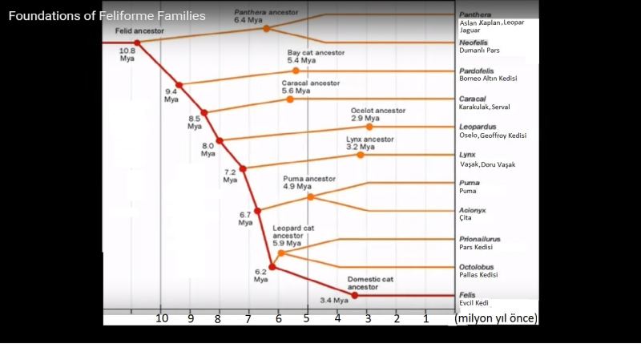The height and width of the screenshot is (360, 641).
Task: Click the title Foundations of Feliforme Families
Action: (107, 16)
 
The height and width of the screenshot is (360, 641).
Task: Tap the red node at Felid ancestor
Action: (137, 42)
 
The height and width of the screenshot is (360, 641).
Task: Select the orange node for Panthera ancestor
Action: (267, 28)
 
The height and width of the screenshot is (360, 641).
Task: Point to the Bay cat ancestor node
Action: (296, 71)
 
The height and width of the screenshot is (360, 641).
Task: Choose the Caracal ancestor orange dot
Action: (291, 99)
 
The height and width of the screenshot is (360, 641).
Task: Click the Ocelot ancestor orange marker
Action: (369, 127)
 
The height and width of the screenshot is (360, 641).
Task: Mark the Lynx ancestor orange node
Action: (361, 155)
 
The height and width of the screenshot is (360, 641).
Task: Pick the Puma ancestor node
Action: (310, 196)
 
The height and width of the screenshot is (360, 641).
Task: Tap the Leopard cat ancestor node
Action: (281, 253)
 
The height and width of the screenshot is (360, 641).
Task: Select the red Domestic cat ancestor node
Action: (354, 295)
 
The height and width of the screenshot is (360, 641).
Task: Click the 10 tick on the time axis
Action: (162, 318)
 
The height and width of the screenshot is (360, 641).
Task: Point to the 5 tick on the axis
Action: (307, 318)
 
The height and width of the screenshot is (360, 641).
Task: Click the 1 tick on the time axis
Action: (426, 318)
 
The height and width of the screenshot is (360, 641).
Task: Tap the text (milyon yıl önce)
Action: (496, 318)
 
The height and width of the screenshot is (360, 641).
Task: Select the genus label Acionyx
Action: (473, 210)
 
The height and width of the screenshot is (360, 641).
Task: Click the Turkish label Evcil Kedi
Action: (474, 303)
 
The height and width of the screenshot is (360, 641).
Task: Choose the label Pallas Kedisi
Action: (478, 275)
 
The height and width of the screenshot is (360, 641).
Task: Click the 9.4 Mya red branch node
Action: (179, 85)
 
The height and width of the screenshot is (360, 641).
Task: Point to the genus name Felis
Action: (467, 294)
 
